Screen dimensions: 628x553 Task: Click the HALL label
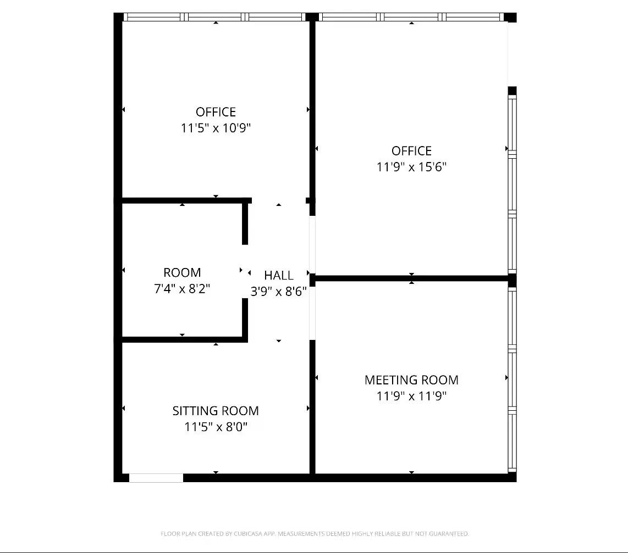pyautogui.click(x=279, y=275)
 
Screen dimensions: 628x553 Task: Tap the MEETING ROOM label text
pyautogui.click(x=411, y=380)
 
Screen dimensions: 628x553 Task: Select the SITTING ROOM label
pyautogui.click(x=216, y=411)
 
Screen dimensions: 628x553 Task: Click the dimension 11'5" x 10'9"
pyautogui.click(x=216, y=128)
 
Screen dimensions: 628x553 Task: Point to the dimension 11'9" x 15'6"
pyautogui.click(x=411, y=167)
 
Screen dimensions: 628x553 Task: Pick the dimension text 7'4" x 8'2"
pyautogui.click(x=182, y=288)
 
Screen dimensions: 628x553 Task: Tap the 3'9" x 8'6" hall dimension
pyautogui.click(x=279, y=291)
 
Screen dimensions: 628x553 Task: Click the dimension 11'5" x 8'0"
pyautogui.click(x=216, y=427)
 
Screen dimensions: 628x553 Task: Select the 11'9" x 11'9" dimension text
pyautogui.click(x=411, y=396)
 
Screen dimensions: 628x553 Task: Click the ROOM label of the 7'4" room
pyautogui.click(x=182, y=272)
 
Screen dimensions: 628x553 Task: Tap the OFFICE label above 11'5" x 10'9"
pyautogui.click(x=216, y=112)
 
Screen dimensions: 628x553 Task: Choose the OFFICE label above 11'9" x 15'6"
pyautogui.click(x=411, y=151)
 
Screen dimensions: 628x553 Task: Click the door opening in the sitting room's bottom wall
pyautogui.click(x=156, y=478)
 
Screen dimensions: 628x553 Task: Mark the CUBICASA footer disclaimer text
pyautogui.click(x=315, y=533)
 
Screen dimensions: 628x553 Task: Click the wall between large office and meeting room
pyautogui.click(x=411, y=278)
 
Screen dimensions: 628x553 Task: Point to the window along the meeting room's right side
pyautogui.click(x=512, y=379)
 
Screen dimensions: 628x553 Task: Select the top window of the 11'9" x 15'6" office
pyautogui.click(x=411, y=17)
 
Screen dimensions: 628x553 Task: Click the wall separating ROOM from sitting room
pyautogui.click(x=185, y=339)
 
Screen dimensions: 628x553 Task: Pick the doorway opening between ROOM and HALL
pyautogui.click(x=245, y=271)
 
